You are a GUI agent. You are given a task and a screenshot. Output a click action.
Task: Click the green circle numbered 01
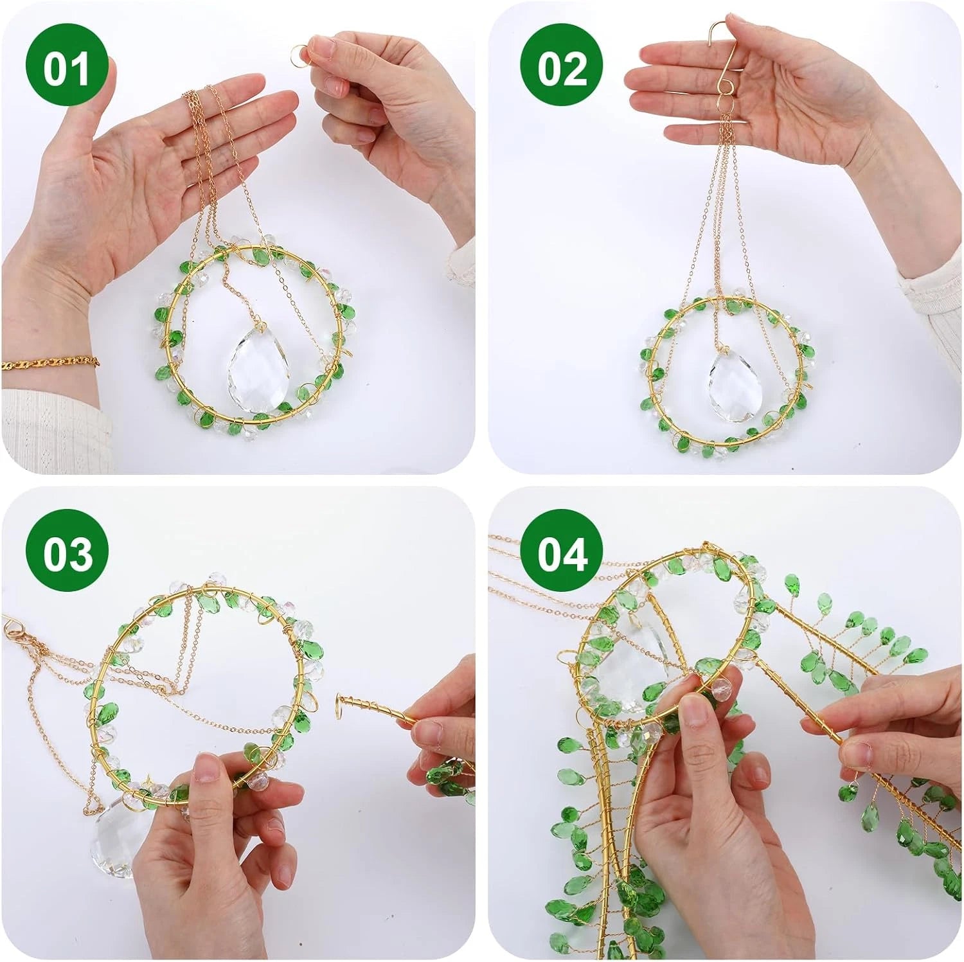66,67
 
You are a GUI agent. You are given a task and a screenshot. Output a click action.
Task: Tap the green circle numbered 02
562,67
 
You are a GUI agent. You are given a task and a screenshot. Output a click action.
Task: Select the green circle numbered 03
66,554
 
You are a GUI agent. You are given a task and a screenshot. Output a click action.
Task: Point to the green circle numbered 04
562,554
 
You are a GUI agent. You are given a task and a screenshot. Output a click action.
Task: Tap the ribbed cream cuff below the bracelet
55,424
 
